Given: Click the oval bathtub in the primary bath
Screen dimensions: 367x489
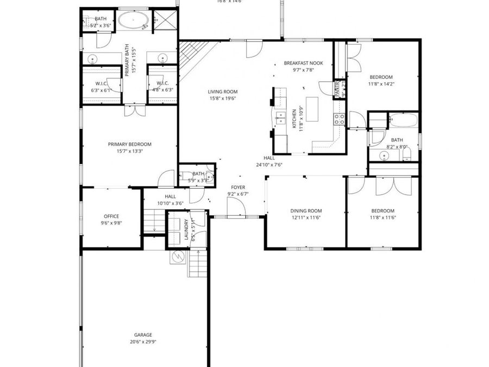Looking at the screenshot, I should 134,21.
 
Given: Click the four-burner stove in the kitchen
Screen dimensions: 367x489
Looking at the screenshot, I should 340,119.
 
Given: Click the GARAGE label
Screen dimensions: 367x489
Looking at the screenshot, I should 143,335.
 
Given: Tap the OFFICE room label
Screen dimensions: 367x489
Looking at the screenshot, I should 111,216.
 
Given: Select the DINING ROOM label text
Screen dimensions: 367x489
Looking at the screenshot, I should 306,211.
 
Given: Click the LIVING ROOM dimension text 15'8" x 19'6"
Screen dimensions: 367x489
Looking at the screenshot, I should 223,99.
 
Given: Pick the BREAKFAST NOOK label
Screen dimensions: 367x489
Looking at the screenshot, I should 303,63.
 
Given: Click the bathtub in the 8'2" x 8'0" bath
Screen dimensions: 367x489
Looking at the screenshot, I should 403,120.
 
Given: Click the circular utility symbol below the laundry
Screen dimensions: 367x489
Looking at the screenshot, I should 178,256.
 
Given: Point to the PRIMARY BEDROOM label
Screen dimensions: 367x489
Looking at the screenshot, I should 129,144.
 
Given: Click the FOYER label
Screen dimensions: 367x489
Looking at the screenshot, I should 238,187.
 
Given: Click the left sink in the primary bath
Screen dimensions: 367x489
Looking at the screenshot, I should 93,59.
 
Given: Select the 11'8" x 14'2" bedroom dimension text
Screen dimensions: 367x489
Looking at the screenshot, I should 381,84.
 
